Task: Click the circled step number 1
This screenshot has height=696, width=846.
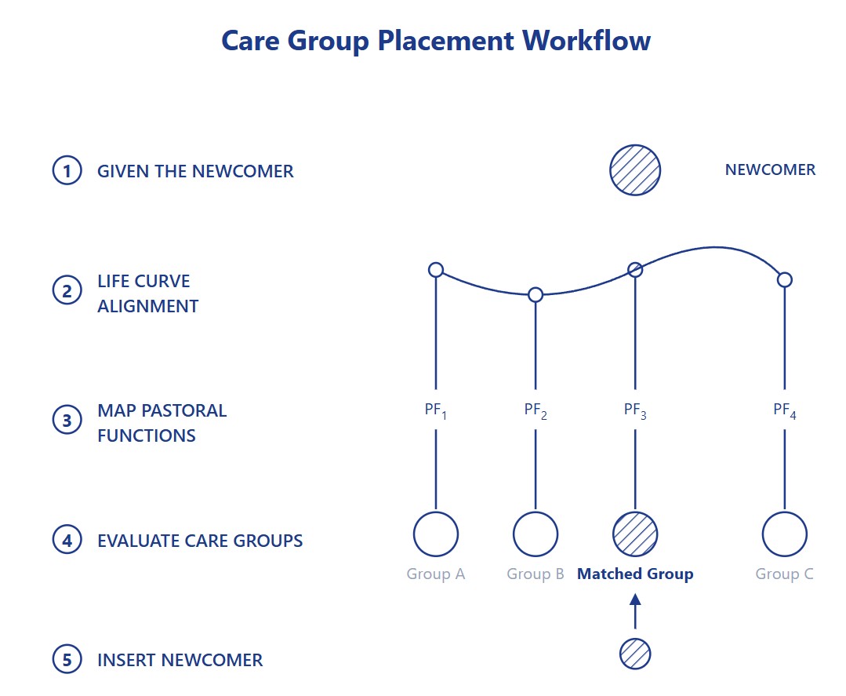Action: (x=67, y=170)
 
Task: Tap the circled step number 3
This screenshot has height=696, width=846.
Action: (x=67, y=420)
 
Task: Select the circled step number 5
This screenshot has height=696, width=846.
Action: (x=67, y=659)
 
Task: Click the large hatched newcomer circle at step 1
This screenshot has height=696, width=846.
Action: (x=635, y=170)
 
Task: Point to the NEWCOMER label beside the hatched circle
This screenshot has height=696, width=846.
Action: (x=770, y=169)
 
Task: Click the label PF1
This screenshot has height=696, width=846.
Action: (x=435, y=410)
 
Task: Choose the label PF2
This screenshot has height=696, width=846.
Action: (x=536, y=410)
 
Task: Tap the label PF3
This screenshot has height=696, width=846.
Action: (x=635, y=410)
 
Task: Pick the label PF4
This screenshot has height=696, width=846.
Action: (x=785, y=410)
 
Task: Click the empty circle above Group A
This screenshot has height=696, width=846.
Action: (x=436, y=534)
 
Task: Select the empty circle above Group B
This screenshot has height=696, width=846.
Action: (x=536, y=534)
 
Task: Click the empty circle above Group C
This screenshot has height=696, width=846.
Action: (x=785, y=534)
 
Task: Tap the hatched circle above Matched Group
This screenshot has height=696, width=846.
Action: (x=635, y=534)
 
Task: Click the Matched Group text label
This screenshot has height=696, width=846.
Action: (x=635, y=574)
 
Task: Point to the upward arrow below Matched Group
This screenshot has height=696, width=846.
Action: (x=635, y=611)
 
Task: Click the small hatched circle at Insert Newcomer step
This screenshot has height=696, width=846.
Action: (x=635, y=654)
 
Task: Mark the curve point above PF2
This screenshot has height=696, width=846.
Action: (x=536, y=294)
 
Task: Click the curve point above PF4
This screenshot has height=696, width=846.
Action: (x=785, y=279)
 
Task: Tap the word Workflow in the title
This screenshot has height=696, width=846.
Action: (x=586, y=41)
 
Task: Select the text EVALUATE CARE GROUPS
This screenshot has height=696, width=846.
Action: (x=200, y=541)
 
